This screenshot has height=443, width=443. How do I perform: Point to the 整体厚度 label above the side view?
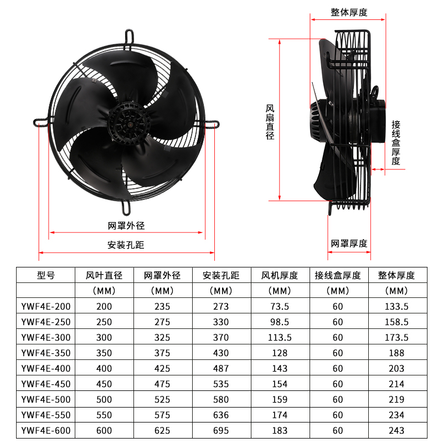tap(349, 12)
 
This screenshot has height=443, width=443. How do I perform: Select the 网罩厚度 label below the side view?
tap(349, 244)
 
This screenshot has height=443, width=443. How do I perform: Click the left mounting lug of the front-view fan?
tap(42, 121)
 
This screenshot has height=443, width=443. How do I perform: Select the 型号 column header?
tap(46, 275)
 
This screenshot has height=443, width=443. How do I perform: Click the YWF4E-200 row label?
tap(46, 306)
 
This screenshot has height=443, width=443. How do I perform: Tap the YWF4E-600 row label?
tap(46, 430)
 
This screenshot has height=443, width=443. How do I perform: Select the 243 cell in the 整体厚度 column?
tap(396, 430)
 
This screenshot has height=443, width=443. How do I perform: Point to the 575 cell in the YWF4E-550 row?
tap(162, 415)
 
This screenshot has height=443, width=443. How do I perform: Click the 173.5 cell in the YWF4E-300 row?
tap(396, 337)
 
